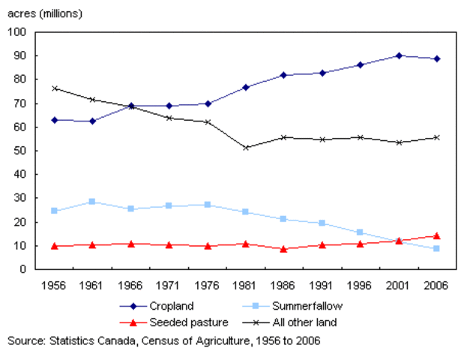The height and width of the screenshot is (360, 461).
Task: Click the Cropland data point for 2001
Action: tap(399, 55)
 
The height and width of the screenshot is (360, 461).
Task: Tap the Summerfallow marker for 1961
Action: tap(92, 202)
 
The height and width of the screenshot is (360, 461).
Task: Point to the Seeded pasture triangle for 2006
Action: tap(437, 235)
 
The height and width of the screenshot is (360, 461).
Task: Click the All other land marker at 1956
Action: tap(54, 88)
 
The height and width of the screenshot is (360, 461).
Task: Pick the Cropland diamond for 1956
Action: tap(54, 119)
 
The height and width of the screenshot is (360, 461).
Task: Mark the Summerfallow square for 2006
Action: tap(437, 248)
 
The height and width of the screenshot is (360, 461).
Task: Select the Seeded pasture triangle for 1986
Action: tap(283, 248)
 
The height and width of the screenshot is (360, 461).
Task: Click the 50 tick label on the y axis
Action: tap(19, 151)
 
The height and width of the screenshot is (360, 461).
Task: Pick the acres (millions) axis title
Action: tap(45, 13)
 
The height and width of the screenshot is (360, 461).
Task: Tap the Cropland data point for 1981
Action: tap(245, 88)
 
